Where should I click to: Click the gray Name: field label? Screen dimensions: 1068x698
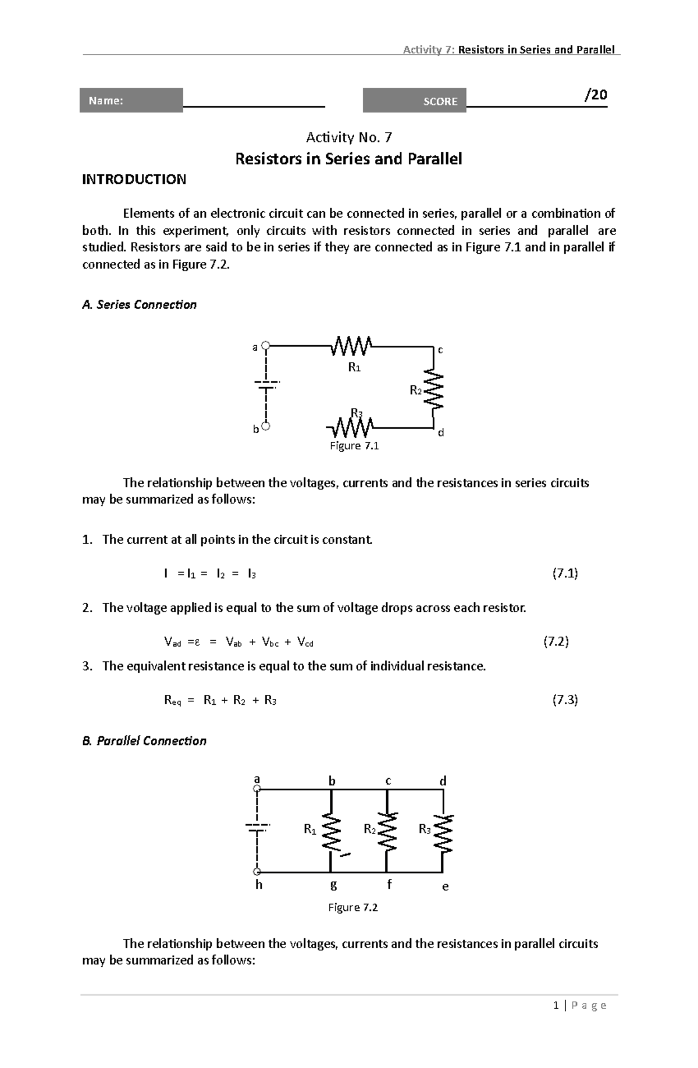pos(131,100)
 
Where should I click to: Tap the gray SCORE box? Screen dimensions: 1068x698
pos(414,101)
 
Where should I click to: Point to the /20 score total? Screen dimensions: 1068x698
pos(596,94)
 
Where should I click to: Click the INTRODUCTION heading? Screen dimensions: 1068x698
pos(134,179)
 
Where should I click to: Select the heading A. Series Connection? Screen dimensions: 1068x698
pos(140,304)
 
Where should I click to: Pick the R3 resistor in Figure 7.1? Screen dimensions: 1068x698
pos(352,428)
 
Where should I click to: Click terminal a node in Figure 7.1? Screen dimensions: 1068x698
pos(265,346)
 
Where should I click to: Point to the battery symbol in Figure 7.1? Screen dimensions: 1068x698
pos(266,385)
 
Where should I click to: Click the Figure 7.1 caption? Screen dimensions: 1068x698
pos(354,446)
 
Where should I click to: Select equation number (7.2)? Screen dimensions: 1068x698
pos(555,641)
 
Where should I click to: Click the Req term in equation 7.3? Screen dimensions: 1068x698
pos(173,700)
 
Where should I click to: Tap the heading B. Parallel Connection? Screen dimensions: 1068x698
pos(144,740)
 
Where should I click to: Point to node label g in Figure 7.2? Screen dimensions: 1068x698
pos(333,885)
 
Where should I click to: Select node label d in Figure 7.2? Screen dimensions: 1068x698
pos(443,781)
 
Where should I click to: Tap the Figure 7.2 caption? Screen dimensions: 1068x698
pos(353,907)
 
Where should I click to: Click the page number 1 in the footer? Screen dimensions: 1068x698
pos(557,1005)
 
